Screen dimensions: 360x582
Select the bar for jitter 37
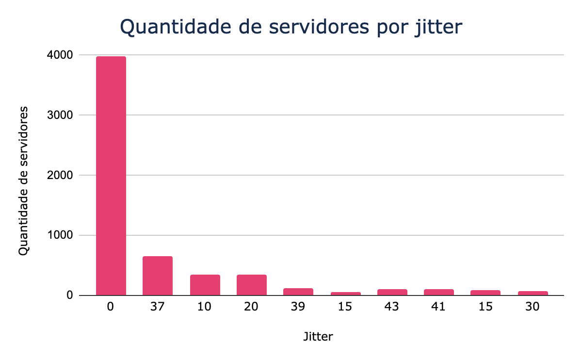(158, 276)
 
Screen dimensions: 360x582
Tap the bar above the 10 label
(205, 285)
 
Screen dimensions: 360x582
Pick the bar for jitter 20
(252, 285)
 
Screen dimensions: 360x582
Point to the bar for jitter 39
(298, 292)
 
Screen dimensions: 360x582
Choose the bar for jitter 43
(392, 292)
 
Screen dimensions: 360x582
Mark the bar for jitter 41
(439, 292)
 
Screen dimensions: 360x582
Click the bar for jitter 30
(533, 293)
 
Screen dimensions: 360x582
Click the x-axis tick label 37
(158, 308)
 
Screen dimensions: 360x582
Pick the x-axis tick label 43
(392, 308)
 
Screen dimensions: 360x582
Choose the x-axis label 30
(533, 308)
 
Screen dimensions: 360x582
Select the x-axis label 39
(298, 308)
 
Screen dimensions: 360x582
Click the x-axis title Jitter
(318, 336)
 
